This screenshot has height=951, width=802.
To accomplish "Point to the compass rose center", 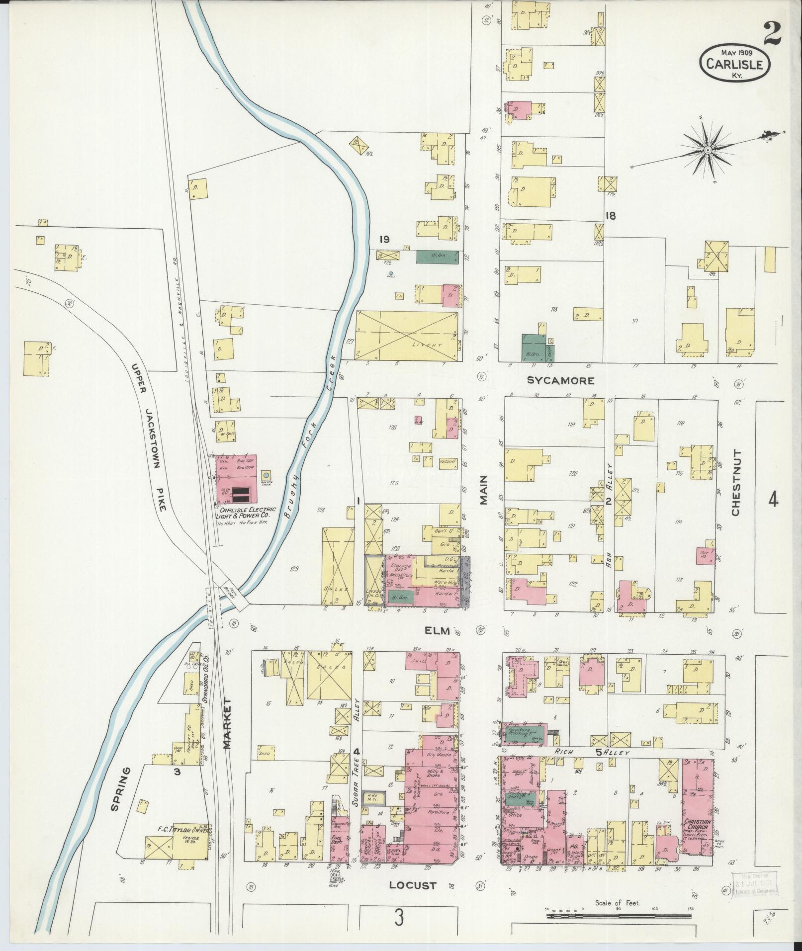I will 707,149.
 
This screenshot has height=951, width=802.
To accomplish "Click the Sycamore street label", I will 560,381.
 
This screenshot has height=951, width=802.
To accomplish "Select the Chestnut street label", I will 736,483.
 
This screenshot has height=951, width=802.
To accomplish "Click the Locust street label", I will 413,885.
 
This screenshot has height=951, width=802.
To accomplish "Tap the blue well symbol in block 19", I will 391,273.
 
